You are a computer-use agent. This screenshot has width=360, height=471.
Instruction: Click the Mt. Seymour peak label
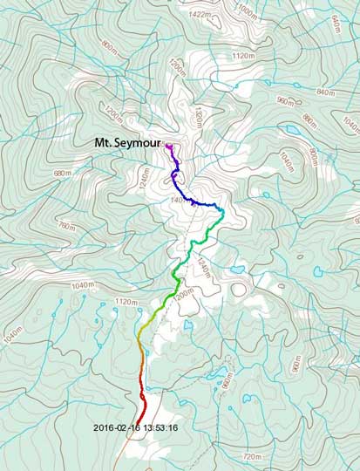click(128, 141)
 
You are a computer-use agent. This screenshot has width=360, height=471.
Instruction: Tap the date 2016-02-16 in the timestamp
click(119, 427)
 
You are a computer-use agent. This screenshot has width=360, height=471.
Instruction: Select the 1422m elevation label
click(199, 14)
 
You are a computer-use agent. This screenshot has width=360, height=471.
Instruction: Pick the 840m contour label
click(327, 92)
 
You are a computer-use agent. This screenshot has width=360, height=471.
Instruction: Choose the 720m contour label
click(252, 455)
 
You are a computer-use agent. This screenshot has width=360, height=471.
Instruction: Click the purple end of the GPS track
click(167, 147)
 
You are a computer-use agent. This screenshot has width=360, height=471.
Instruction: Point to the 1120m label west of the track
click(127, 302)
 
